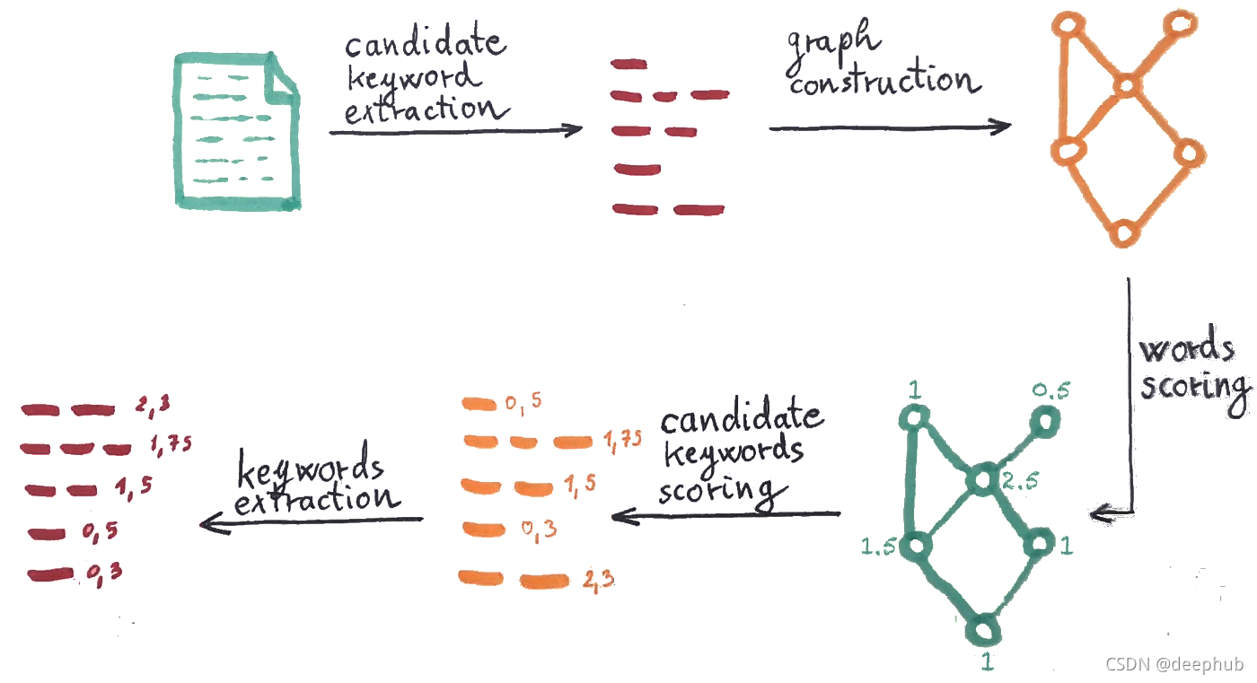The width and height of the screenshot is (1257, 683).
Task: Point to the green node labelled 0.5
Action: pos(1045,418)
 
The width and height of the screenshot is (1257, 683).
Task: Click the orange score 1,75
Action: pos(622,439)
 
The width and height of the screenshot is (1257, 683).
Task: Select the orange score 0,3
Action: pos(540,530)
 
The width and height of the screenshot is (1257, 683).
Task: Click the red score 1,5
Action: pos(134,486)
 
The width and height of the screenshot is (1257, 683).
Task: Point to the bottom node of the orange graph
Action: pos(1123,232)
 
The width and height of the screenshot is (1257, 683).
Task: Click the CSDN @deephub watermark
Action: pos(1174,664)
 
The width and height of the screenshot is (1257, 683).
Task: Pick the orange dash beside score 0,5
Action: pos(479,404)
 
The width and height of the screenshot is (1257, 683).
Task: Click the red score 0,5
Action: pos(101,533)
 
